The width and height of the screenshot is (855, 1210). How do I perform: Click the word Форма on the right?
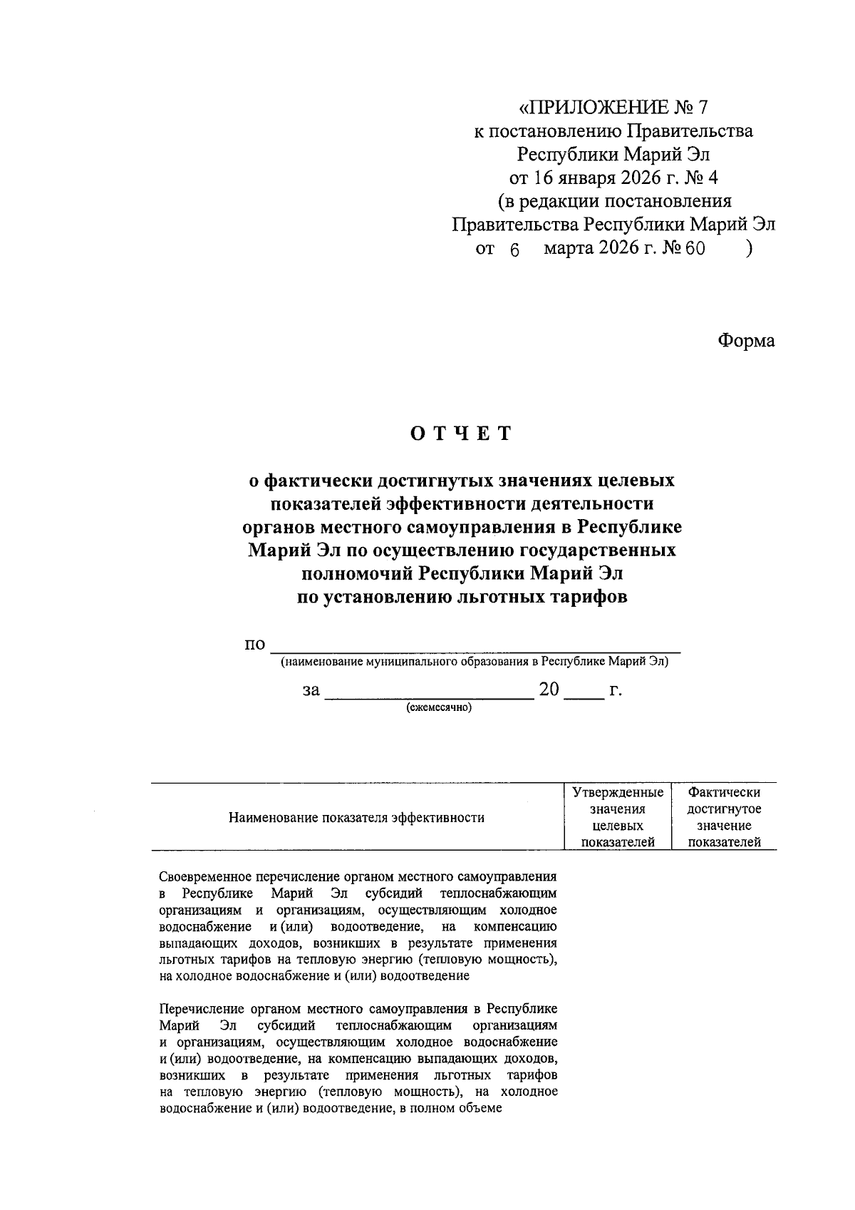(745, 341)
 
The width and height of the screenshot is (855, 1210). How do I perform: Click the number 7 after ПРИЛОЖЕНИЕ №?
(703, 108)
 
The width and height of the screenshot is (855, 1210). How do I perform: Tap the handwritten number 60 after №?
(695, 250)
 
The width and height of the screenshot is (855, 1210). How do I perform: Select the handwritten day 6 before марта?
(516, 250)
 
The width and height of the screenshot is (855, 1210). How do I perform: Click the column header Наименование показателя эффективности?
(356, 817)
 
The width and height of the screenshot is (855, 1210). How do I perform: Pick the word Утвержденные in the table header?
(618, 792)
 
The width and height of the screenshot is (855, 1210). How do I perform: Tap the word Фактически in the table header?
(724, 792)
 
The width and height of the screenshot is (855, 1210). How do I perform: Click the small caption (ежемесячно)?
(439, 708)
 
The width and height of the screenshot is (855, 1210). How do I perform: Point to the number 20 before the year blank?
(551, 689)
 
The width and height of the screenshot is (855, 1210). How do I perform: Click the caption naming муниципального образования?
(475, 662)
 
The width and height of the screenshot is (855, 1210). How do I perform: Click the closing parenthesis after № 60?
(749, 249)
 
